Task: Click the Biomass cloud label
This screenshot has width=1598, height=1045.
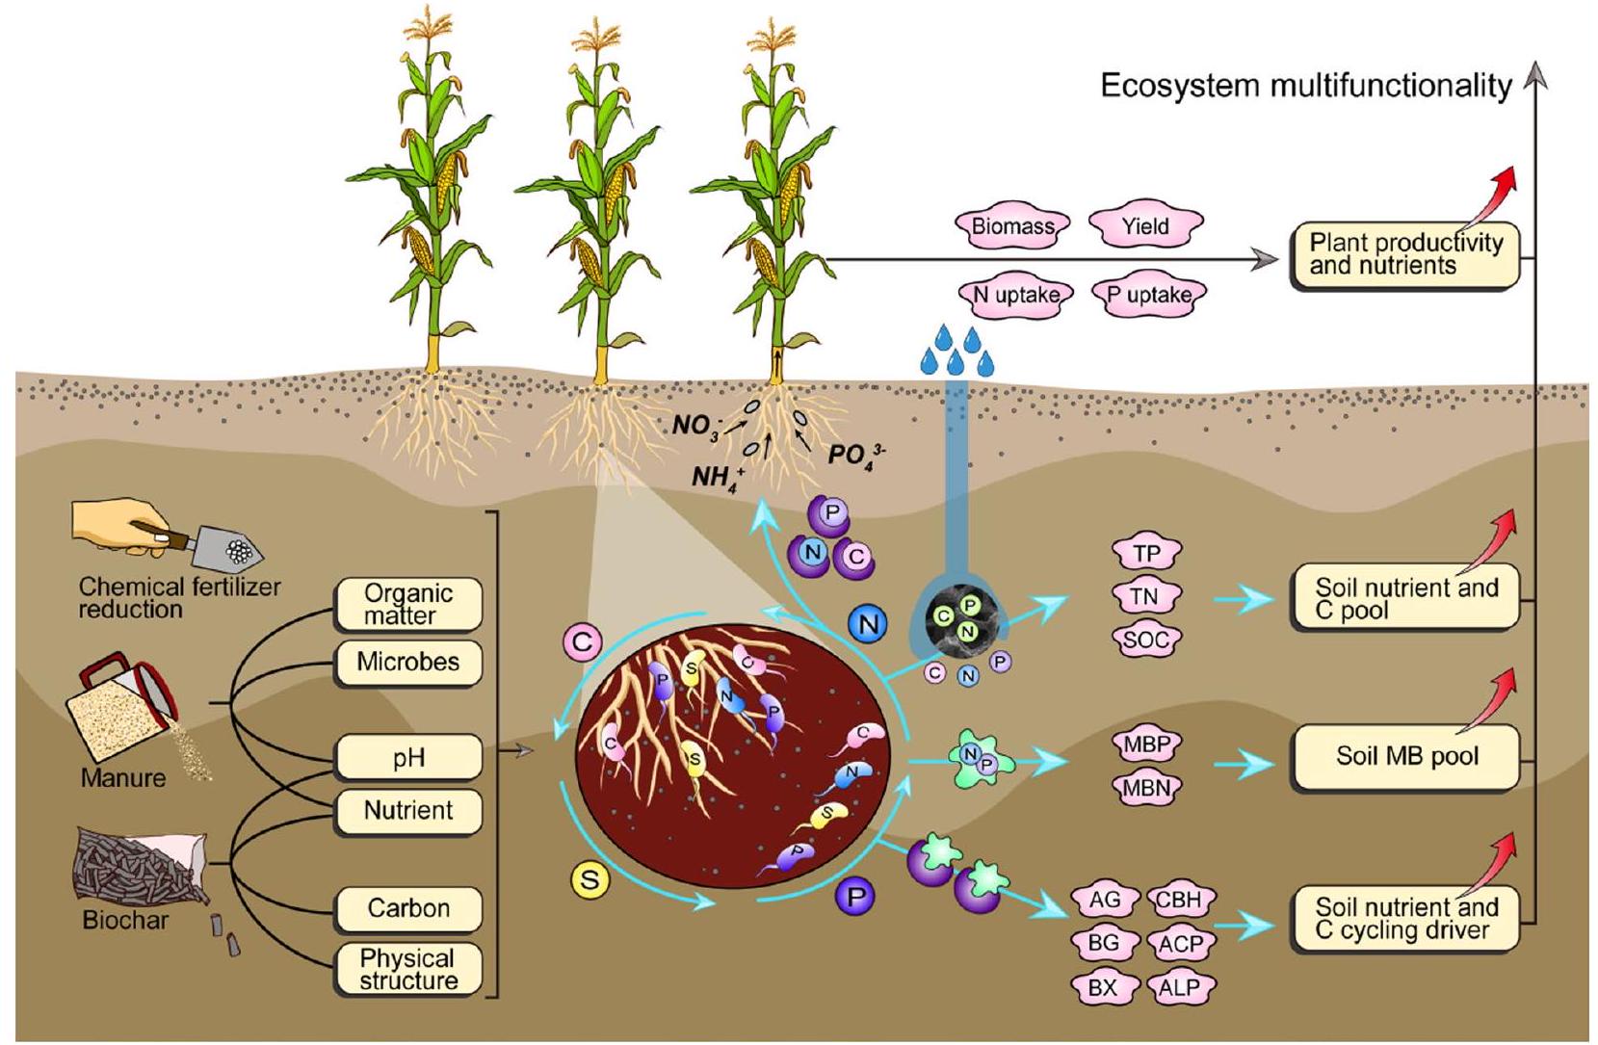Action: [1012, 226]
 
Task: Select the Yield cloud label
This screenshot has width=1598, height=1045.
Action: [1145, 226]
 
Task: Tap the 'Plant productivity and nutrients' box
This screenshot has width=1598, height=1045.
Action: [1405, 255]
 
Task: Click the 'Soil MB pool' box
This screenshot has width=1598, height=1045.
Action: [1405, 756]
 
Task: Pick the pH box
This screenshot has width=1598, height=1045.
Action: [408, 758]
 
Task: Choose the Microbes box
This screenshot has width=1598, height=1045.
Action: [408, 662]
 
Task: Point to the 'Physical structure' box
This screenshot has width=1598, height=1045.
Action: [408, 970]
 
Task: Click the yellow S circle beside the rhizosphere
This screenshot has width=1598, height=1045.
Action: [589, 879]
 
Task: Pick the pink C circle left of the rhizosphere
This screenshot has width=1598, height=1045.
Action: [582, 642]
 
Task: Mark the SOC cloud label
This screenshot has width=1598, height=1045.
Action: [1145, 639]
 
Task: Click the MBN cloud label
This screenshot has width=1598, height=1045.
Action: [1146, 789]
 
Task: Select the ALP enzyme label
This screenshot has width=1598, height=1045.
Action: [1180, 987]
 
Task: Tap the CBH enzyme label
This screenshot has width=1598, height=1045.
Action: [1179, 901]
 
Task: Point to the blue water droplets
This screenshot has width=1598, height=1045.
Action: [956, 351]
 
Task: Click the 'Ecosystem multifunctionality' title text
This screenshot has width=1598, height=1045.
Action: [1305, 87]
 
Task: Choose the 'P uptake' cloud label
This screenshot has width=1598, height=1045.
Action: [1147, 296]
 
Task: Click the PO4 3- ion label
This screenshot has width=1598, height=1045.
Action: [855, 453]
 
